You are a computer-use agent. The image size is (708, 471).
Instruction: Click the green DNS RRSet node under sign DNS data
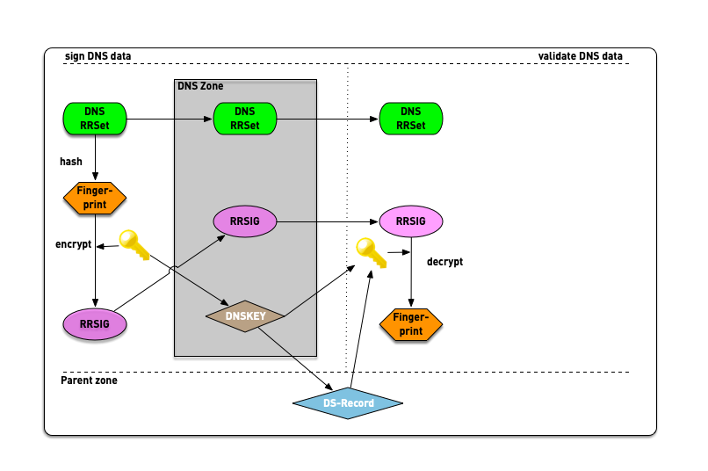(95, 119)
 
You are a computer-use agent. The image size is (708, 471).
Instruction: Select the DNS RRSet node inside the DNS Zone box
(244, 119)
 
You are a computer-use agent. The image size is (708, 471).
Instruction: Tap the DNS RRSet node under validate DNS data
(410, 119)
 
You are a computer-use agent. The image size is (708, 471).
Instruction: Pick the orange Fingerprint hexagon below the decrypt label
(410, 324)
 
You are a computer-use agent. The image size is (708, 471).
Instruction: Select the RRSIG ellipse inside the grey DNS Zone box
(244, 222)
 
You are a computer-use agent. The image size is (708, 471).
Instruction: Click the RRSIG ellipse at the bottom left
(95, 324)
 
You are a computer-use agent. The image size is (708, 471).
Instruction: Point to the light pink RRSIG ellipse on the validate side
(410, 222)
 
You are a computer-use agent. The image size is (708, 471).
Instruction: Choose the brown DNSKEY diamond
(245, 315)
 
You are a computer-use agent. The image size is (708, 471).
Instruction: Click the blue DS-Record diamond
(348, 403)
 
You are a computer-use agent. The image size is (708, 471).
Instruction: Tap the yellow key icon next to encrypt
(134, 244)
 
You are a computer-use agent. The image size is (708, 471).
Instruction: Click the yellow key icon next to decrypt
(370, 253)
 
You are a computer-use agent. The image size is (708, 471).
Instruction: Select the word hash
(71, 162)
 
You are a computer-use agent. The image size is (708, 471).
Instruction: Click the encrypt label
(73, 244)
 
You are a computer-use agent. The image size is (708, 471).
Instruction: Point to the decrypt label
(444, 262)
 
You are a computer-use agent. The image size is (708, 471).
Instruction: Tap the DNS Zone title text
(200, 86)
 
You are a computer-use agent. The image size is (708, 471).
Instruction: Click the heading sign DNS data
(98, 56)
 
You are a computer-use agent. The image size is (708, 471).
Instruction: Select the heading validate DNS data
(580, 56)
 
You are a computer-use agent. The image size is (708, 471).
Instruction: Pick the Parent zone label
(89, 380)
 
